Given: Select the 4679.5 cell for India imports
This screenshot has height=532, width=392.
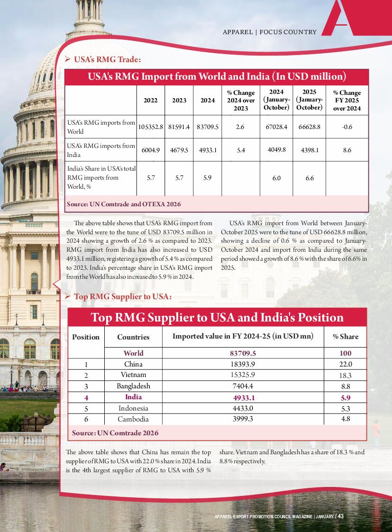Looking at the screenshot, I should click(179, 150).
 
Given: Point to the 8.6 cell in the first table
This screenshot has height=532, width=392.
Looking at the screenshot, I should click(346, 150).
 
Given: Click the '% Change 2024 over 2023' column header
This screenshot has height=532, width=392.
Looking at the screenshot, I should click(241, 101).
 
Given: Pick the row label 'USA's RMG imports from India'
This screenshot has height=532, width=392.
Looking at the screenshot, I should click(101, 150).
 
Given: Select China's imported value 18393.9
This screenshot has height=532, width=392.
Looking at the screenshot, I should click(244, 364).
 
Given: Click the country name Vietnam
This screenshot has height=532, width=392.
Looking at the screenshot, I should click(133, 375).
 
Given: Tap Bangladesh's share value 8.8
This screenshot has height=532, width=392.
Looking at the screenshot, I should click(346, 386).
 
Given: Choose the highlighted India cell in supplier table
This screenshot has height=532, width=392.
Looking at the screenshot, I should click(133, 397).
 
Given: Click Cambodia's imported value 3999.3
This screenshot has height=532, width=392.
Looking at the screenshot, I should click(244, 419).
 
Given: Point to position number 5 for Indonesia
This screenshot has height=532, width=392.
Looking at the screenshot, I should click(86, 408).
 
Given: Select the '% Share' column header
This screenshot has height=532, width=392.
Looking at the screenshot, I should click(346, 337).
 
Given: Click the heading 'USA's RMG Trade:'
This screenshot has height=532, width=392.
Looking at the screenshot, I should click(107, 60).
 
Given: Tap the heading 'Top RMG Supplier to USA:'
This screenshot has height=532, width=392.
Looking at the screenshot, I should click(122, 297).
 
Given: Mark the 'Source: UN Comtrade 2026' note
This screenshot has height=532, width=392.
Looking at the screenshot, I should click(115, 433).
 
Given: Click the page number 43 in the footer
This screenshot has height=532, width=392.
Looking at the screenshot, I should click(340, 516).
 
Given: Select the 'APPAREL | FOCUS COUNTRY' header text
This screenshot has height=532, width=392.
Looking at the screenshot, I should click(270, 32).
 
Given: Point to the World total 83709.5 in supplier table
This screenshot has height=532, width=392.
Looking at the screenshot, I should click(243, 353).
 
